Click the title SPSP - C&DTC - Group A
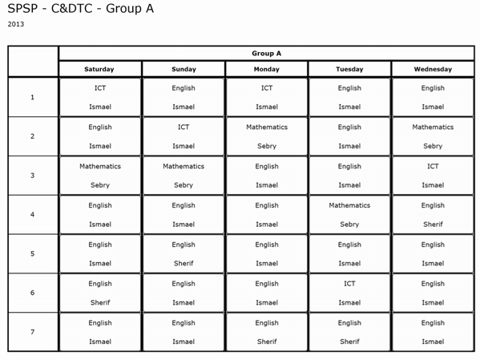point(80,10)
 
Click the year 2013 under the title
point(16,24)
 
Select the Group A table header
point(266,53)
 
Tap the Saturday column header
point(99,69)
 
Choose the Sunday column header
point(184,69)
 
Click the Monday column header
point(266,69)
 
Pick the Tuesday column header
point(349,69)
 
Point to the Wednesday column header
point(433,69)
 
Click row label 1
point(32,97)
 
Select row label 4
point(32,214)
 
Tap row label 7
point(32,332)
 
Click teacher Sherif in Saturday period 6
point(100,302)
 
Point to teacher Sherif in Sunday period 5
point(184,263)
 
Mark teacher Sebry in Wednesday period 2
point(433,146)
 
